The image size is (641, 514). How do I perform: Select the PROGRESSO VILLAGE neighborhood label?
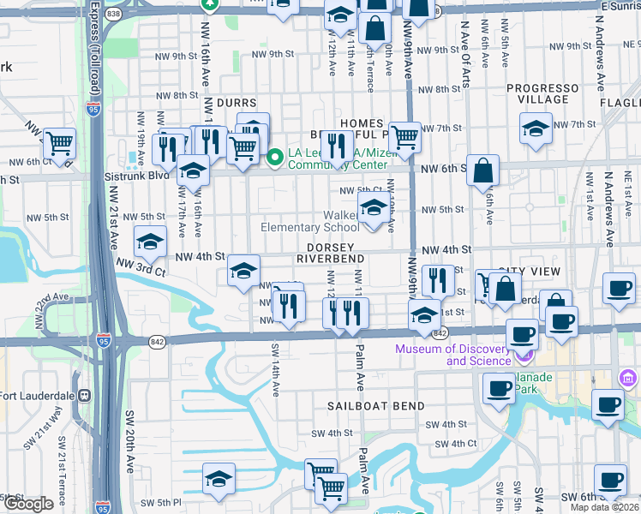542,93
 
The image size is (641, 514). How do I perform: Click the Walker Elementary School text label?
310,221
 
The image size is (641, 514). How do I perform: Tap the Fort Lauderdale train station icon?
84,396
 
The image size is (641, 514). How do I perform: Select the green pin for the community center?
276,157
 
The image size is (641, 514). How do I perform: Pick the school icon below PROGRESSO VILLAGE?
536,130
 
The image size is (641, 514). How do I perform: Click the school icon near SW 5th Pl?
219,477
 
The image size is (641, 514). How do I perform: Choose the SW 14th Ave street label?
276,370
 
